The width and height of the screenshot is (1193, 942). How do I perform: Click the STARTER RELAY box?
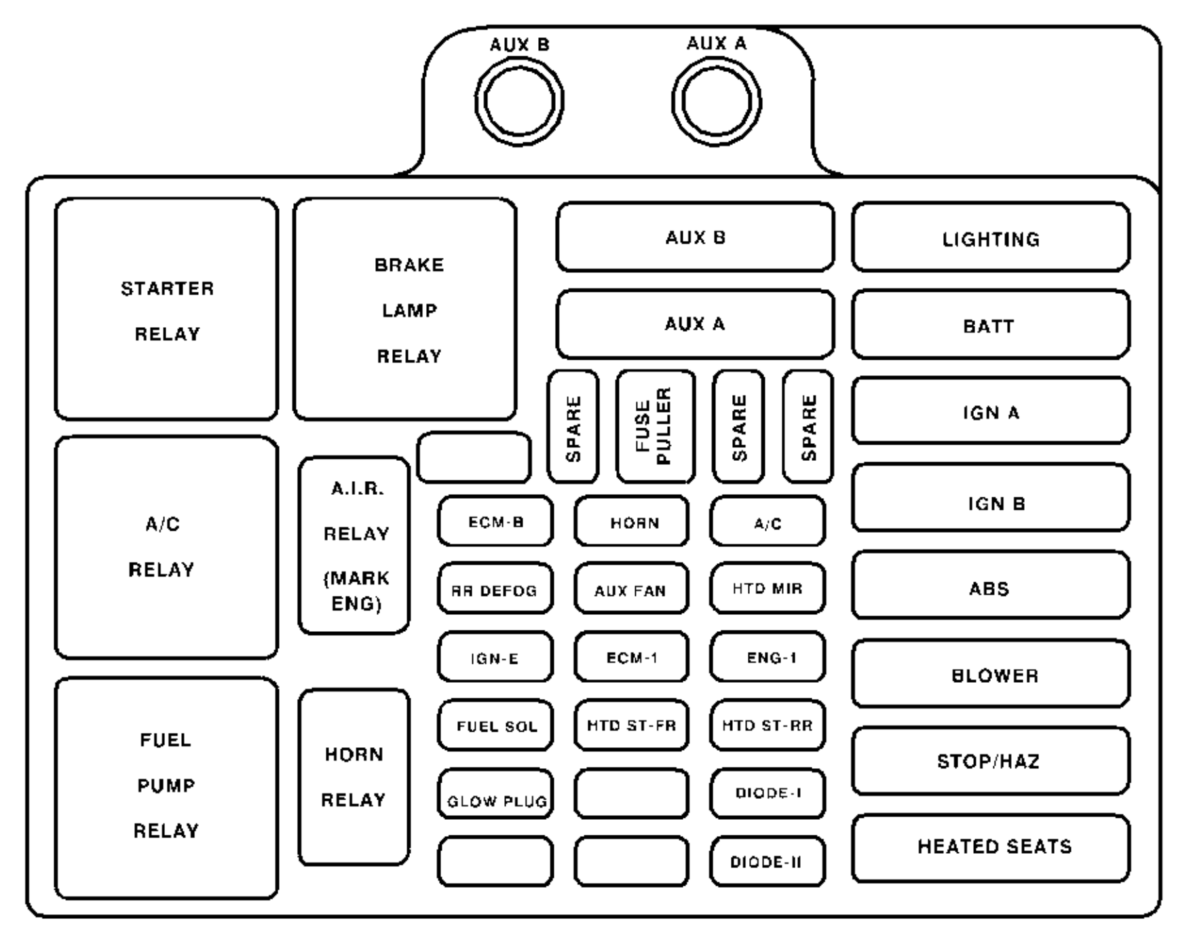[166, 309]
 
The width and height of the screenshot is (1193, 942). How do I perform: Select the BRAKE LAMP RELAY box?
[405, 309]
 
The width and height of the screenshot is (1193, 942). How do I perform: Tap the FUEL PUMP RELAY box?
[166, 787]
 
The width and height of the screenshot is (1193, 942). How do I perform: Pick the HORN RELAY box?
[354, 777]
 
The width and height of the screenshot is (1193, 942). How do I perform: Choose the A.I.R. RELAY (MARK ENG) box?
[354, 546]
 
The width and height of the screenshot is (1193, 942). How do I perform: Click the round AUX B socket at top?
[519, 102]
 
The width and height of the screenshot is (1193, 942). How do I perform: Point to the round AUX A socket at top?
[716, 102]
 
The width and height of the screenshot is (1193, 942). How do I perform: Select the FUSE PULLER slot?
[655, 426]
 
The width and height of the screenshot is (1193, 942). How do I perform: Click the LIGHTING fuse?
[991, 238]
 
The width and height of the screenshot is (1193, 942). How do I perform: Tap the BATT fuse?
[991, 324]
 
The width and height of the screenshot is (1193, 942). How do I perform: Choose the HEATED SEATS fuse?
[991, 848]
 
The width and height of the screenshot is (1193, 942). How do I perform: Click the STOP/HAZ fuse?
[991, 760]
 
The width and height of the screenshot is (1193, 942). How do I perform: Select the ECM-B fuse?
[495, 521]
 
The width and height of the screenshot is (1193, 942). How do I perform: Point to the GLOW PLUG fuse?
[495, 793]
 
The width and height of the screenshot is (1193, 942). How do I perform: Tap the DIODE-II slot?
[768, 862]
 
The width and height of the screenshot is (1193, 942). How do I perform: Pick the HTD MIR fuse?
[768, 588]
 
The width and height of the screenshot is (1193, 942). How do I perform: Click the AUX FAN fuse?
[631, 588]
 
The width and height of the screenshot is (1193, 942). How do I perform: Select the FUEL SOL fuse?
[495, 726]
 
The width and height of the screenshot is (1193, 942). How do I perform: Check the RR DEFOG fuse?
[495, 588]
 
